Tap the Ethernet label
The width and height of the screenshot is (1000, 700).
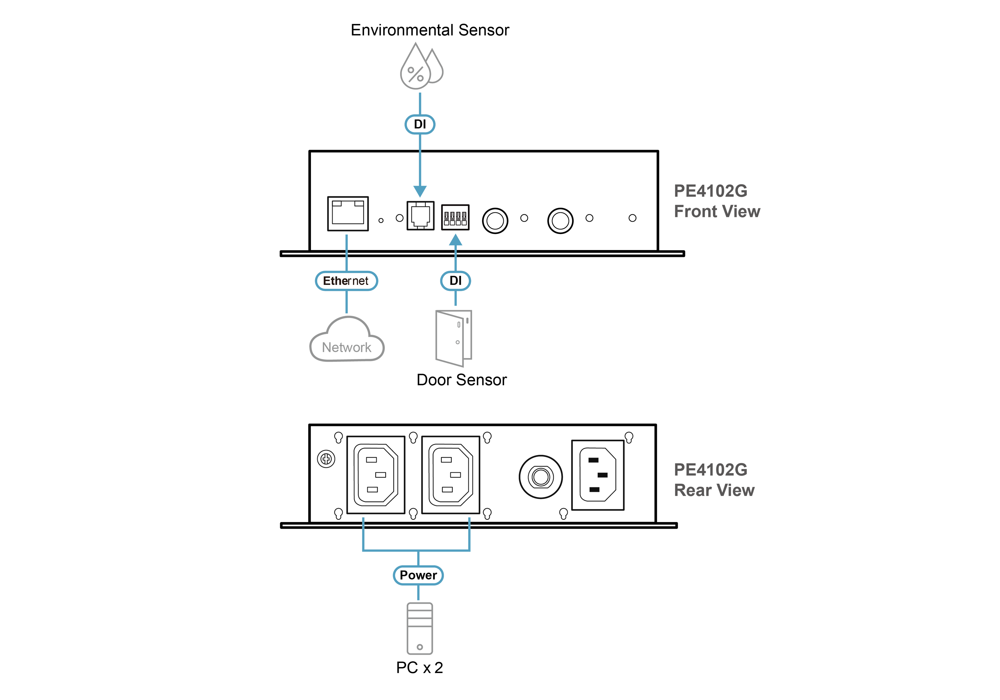(346, 281)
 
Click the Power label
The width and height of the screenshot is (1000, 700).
(418, 575)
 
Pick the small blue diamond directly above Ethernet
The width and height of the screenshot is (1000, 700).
(347, 241)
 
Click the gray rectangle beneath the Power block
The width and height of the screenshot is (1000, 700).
(419, 627)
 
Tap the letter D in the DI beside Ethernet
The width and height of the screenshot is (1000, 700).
(453, 281)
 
